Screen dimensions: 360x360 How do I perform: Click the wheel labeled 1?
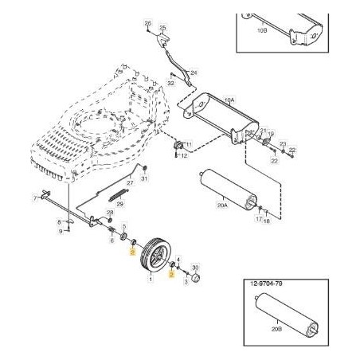(x=153, y=256)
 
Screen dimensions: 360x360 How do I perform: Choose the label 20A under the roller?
(x=222, y=205)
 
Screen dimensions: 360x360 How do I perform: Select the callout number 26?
(x=147, y=24)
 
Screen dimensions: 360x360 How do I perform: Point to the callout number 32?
(x=170, y=82)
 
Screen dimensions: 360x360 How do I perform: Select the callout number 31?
(x=144, y=178)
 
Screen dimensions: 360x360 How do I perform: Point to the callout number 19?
(x=272, y=135)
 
